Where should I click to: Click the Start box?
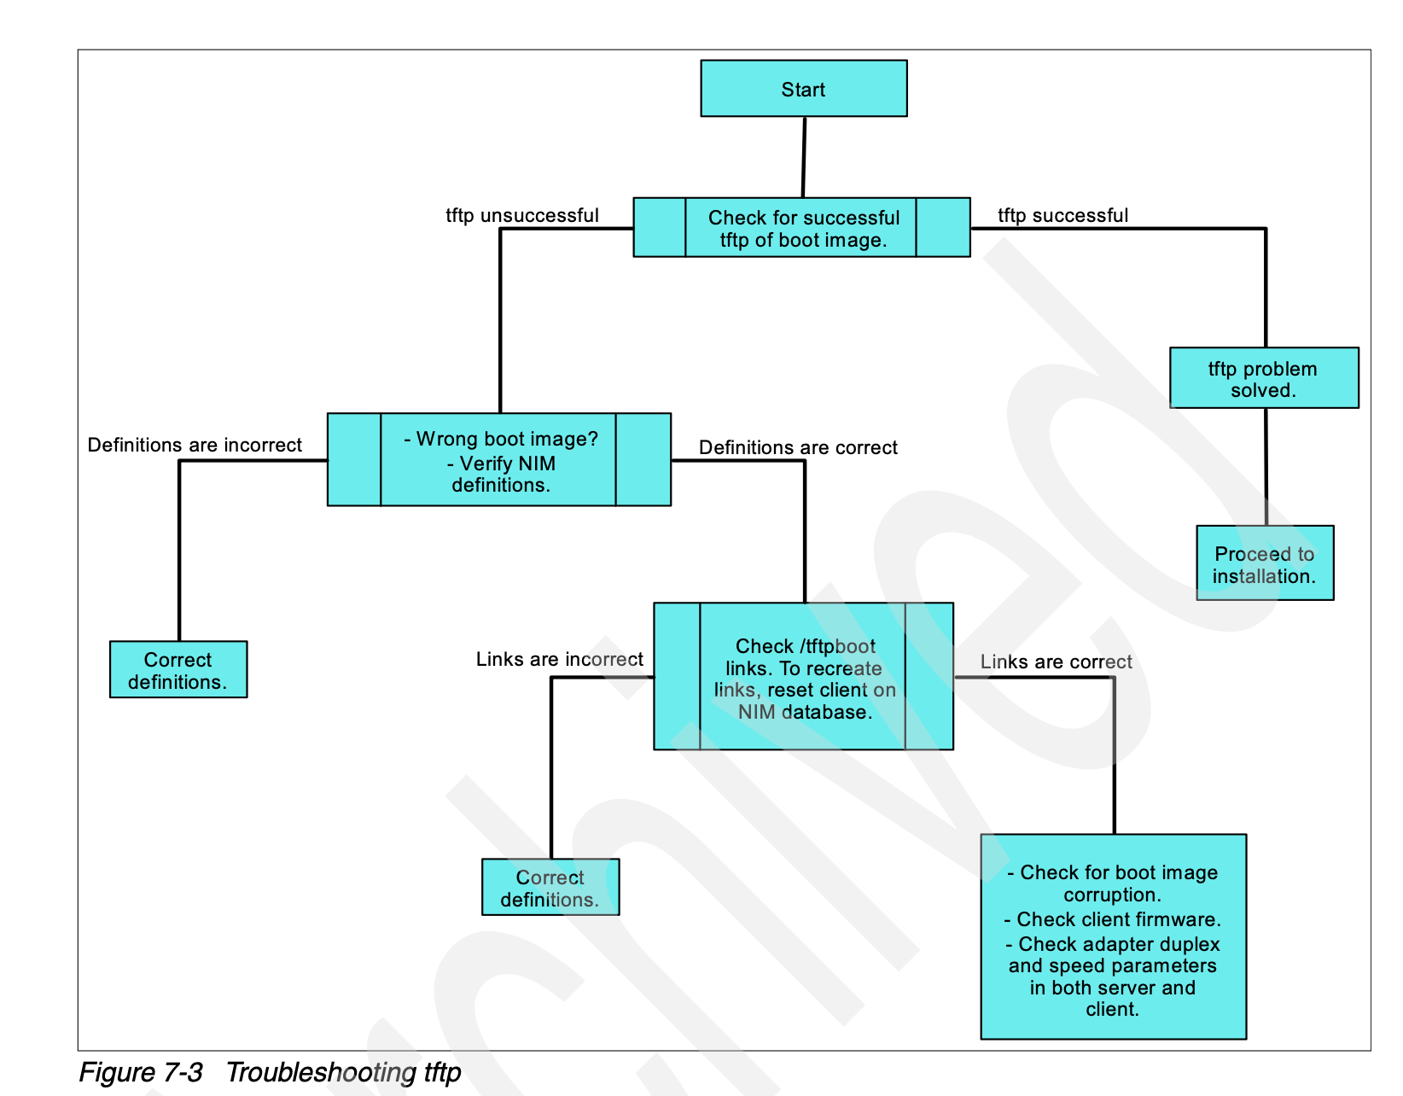point(803,89)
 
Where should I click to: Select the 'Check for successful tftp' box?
point(801,228)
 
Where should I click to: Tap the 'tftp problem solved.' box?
point(1263,378)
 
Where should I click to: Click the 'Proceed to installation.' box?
point(1264,563)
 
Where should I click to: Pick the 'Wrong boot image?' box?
point(499,460)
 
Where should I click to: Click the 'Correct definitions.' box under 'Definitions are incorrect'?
point(178,670)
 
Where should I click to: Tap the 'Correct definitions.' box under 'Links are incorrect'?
point(550,888)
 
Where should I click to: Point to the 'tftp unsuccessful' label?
point(522,215)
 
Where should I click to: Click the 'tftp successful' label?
point(1062,215)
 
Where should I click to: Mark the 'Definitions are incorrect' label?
point(195,445)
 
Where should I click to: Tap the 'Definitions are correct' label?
point(798,447)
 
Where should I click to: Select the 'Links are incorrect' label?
point(560,659)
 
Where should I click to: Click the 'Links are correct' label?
point(1056,662)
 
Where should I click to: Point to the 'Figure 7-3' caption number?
point(141,1072)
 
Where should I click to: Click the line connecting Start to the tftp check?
point(804,157)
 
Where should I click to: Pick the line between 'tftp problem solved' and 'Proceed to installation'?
point(1266,467)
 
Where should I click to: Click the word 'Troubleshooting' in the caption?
point(321,1072)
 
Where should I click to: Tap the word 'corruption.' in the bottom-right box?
point(1112,895)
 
